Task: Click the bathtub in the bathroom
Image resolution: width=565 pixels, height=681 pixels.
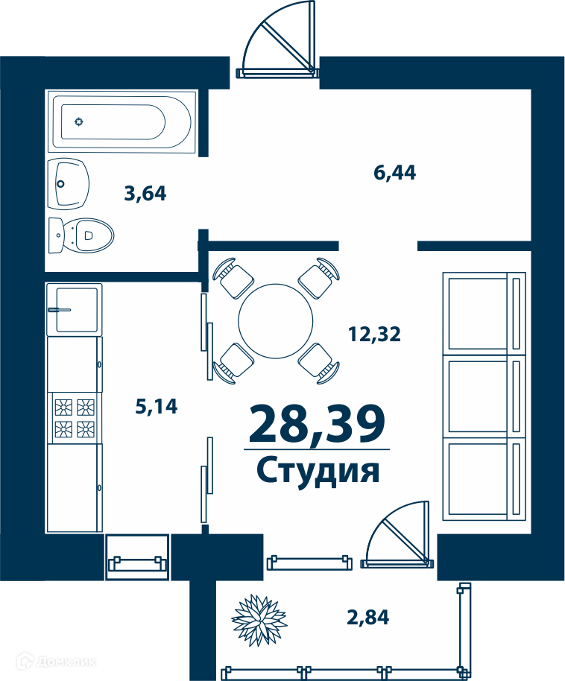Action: (x=121, y=121)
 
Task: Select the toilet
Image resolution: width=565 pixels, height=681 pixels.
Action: (x=81, y=235)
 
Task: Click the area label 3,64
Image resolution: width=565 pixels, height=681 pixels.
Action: (x=145, y=194)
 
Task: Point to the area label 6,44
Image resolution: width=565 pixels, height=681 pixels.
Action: (x=394, y=172)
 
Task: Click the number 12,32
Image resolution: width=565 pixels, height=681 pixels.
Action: (x=374, y=334)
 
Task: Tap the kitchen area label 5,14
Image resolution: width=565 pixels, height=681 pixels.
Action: (x=157, y=407)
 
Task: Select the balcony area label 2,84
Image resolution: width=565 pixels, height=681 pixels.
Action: (x=367, y=617)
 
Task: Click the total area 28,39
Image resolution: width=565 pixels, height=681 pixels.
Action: (x=317, y=423)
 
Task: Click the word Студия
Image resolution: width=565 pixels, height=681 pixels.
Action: (x=318, y=470)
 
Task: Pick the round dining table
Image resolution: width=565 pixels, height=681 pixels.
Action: (x=276, y=320)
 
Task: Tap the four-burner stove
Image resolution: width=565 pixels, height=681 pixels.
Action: (x=75, y=418)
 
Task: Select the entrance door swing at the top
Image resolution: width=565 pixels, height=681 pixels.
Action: (x=278, y=39)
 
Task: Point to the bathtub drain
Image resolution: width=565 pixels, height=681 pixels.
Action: (x=79, y=121)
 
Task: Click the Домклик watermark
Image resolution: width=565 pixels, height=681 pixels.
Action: (x=56, y=662)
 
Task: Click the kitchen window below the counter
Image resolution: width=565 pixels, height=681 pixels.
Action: (x=136, y=558)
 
